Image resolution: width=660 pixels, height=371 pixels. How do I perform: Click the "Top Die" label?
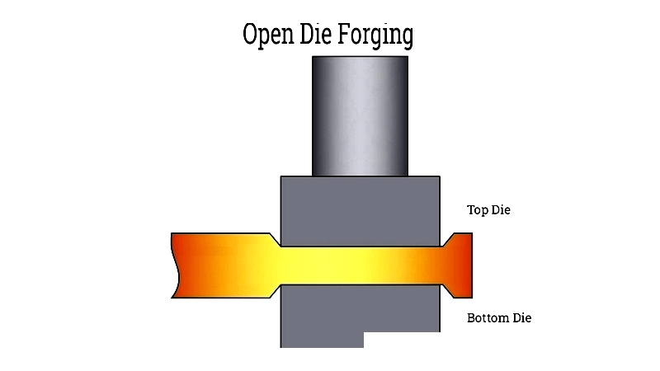489,210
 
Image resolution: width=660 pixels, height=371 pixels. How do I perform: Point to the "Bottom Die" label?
499,318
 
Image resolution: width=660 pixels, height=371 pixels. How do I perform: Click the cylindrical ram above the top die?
360,115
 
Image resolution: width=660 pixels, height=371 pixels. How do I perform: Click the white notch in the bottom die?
401,340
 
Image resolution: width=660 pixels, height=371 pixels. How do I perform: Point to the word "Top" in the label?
478,210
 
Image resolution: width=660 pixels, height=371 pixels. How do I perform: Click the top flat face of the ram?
360,57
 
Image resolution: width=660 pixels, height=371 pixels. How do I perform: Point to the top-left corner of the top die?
282,177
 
